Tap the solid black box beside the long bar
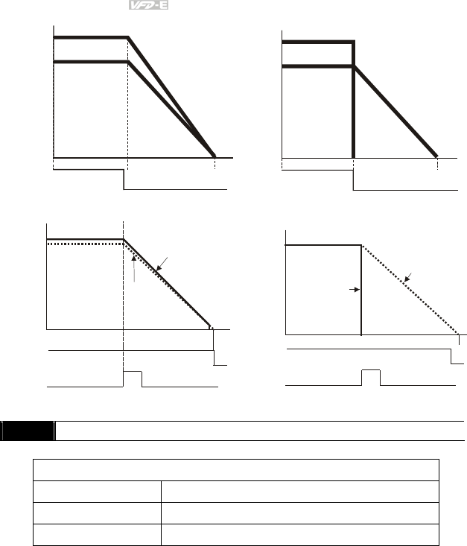point(28,431)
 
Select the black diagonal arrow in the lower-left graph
point(163,264)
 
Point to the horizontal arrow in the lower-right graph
point(355,290)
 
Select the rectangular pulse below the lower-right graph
point(370,377)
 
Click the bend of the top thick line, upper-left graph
point(129,37)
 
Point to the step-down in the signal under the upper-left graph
point(124,180)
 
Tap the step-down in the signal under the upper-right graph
point(353,180)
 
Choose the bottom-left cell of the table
point(97,535)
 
